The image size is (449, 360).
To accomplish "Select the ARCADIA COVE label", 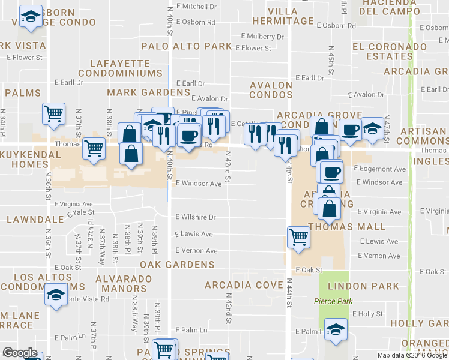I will point(244,284).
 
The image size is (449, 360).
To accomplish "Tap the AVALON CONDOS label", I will point(271,90).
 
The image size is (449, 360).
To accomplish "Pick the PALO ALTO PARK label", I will point(186,46).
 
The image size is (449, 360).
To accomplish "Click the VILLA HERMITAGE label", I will point(282,16).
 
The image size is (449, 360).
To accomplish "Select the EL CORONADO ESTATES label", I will point(382,52).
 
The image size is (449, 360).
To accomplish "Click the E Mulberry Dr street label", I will point(262,37).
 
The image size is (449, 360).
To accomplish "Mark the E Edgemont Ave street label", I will point(380,169).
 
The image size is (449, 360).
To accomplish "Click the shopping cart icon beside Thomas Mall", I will point(298,236).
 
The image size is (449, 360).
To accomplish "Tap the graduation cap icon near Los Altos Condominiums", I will point(56,295).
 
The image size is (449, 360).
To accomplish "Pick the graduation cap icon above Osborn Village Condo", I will point(30,16).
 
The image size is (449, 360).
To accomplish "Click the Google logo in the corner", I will point(20,353).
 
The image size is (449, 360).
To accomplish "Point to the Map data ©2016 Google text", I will point(411,355).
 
